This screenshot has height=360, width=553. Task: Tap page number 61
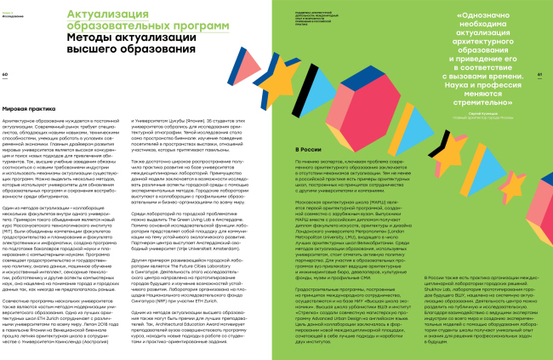pos(542,74)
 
